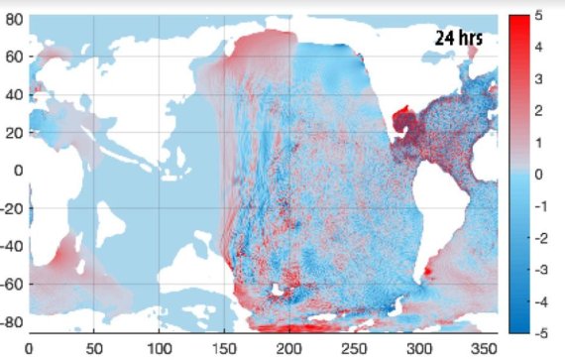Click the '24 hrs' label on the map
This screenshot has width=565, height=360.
click(x=459, y=39)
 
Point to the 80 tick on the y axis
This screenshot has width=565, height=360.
click(x=13, y=19)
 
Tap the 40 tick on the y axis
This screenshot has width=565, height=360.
click(x=13, y=94)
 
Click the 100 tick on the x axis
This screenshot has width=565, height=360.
click(x=159, y=349)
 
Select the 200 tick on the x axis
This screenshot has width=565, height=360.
click(x=289, y=349)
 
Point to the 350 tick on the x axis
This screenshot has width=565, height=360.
click(x=485, y=349)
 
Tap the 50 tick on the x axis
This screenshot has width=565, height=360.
click(x=94, y=349)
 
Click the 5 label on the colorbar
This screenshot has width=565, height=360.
click(x=539, y=17)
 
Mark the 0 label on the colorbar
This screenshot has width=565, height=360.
click(x=539, y=174)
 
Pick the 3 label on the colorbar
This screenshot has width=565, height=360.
click(x=539, y=79)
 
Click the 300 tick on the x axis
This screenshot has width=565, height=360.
click(x=419, y=349)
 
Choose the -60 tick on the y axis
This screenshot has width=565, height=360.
click(x=10, y=285)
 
